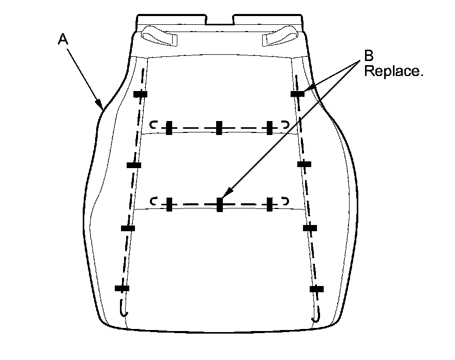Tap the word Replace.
(393, 71)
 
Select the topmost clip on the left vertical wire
(140, 94)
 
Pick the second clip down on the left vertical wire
(134, 165)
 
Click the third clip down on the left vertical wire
(128, 228)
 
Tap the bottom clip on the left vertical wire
(122, 288)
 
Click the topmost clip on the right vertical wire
(297, 94)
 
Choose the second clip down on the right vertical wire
(304, 164)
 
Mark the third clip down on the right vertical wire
(310, 228)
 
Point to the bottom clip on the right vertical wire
(316, 288)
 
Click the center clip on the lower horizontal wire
(219, 204)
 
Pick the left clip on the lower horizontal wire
(169, 204)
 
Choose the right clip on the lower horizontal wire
(269, 204)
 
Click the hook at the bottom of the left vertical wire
(123, 310)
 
